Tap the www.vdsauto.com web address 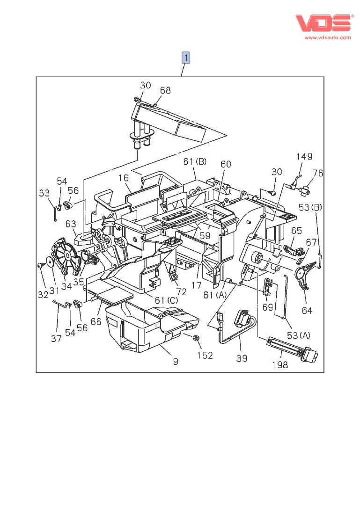(x=328, y=37)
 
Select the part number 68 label (x=166, y=90)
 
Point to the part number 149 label (x=304, y=156)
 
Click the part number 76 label (x=318, y=173)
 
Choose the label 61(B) (x=195, y=162)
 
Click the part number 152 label (x=205, y=355)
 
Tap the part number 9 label (x=175, y=361)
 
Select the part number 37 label (x=56, y=339)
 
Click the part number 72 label (x=181, y=292)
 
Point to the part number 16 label (x=123, y=178)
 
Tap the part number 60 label (x=226, y=164)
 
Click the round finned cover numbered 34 (x=66, y=257)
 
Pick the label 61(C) (x=162, y=300)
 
